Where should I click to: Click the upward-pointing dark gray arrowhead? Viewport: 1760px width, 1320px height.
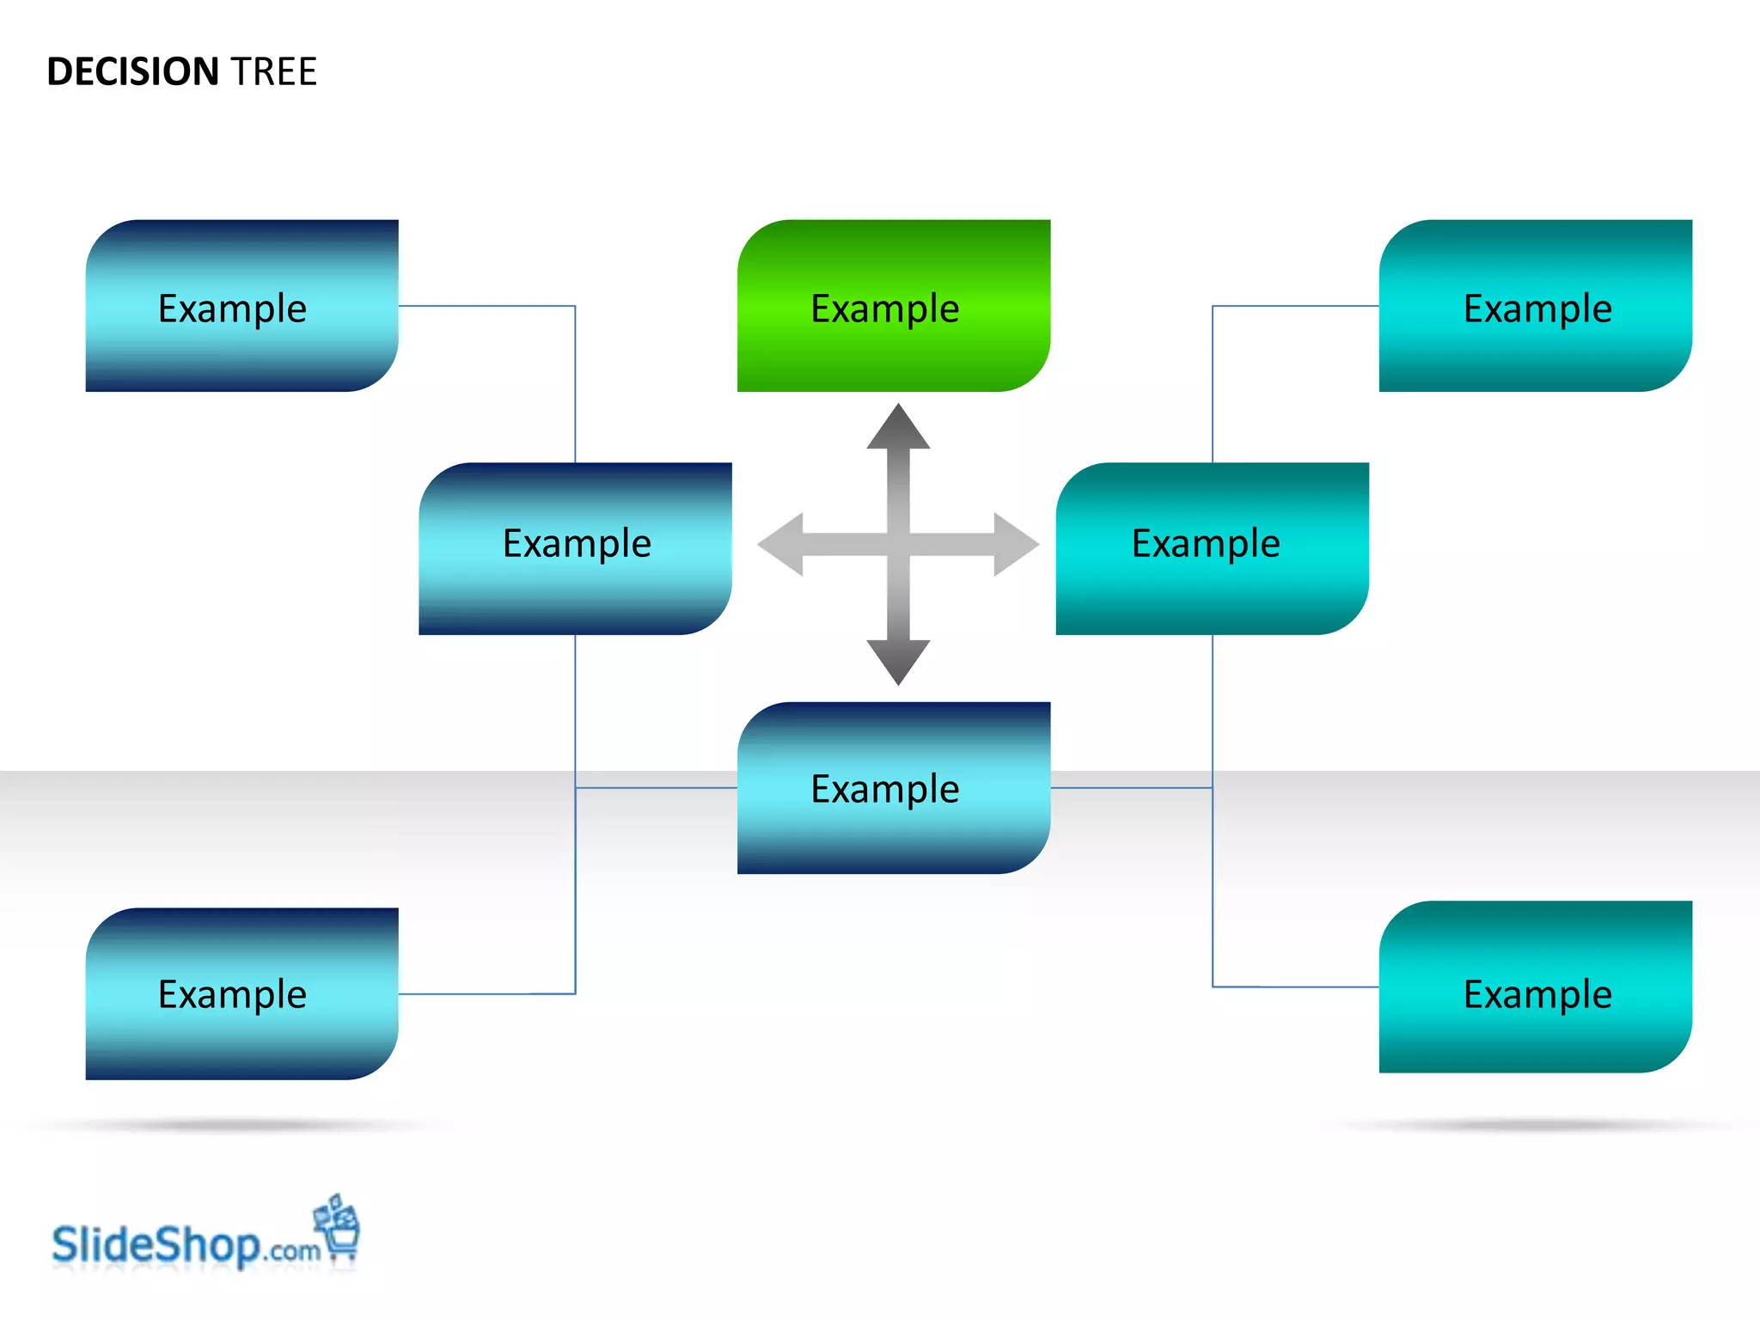[x=898, y=429]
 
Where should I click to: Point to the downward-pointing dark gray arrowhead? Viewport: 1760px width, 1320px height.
[x=898, y=661]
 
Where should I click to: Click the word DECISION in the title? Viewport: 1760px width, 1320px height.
[x=133, y=71]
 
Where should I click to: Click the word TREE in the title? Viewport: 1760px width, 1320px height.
[x=274, y=71]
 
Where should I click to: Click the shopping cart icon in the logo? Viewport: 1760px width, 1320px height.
[x=339, y=1229]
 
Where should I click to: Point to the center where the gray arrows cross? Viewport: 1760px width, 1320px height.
[x=898, y=544]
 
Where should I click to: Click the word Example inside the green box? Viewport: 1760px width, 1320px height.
[x=885, y=309]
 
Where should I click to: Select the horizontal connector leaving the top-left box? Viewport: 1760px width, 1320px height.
[x=486, y=306]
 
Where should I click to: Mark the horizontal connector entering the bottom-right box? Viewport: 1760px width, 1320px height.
[x=1296, y=987]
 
